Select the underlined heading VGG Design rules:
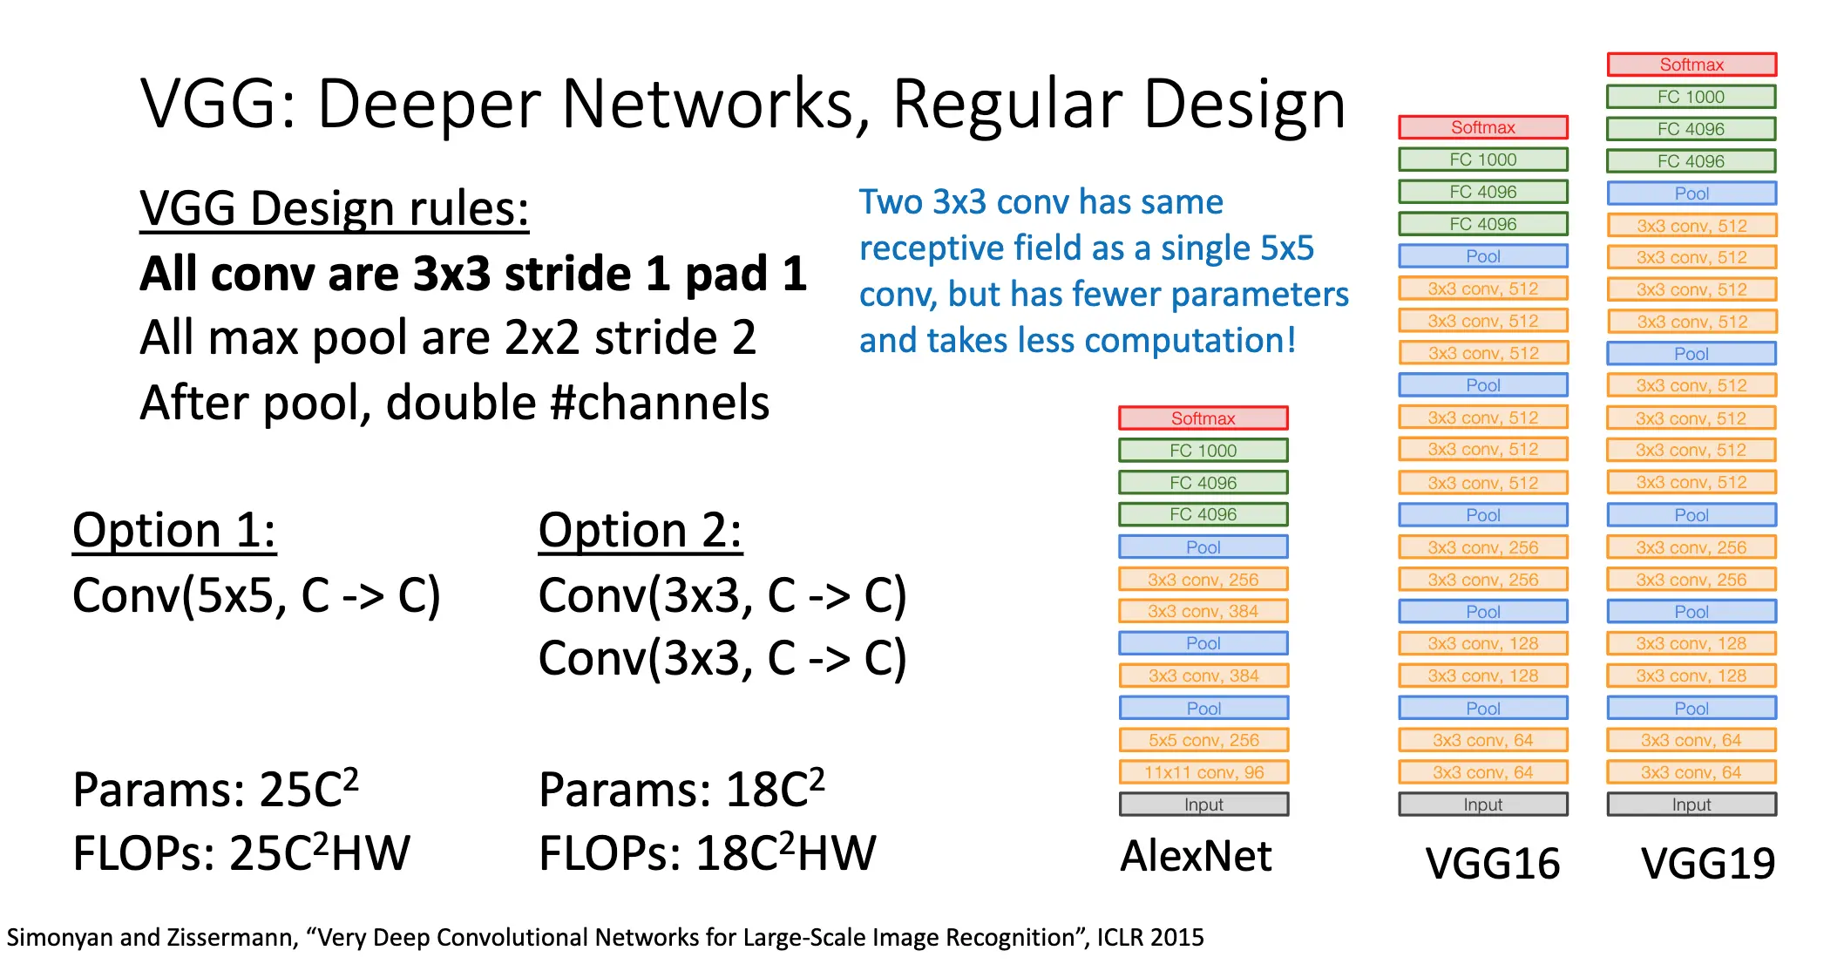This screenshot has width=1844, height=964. pos(334,210)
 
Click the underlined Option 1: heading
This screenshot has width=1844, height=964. pos(174,530)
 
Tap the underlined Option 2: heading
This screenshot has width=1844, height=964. pos(640,530)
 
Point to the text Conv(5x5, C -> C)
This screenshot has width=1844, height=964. pos(256,596)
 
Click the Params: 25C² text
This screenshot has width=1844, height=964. pos(215,790)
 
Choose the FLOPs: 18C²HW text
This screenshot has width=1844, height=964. pos(707,853)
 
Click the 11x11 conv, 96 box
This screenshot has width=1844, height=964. pos(1203,772)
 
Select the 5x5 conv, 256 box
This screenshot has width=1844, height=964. pos(1203,740)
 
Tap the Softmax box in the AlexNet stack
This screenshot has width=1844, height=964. pos(1203,418)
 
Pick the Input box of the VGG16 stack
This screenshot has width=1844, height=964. pos(1482,804)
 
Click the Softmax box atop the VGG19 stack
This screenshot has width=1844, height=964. pos(1691,64)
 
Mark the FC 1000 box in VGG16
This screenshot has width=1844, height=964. pos(1482,160)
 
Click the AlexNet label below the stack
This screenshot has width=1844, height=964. pos(1196,856)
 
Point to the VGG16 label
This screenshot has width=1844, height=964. pos(1492,864)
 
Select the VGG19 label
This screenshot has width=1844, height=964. pos(1707,864)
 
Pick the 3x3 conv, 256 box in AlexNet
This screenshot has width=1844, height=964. pos(1203,580)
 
